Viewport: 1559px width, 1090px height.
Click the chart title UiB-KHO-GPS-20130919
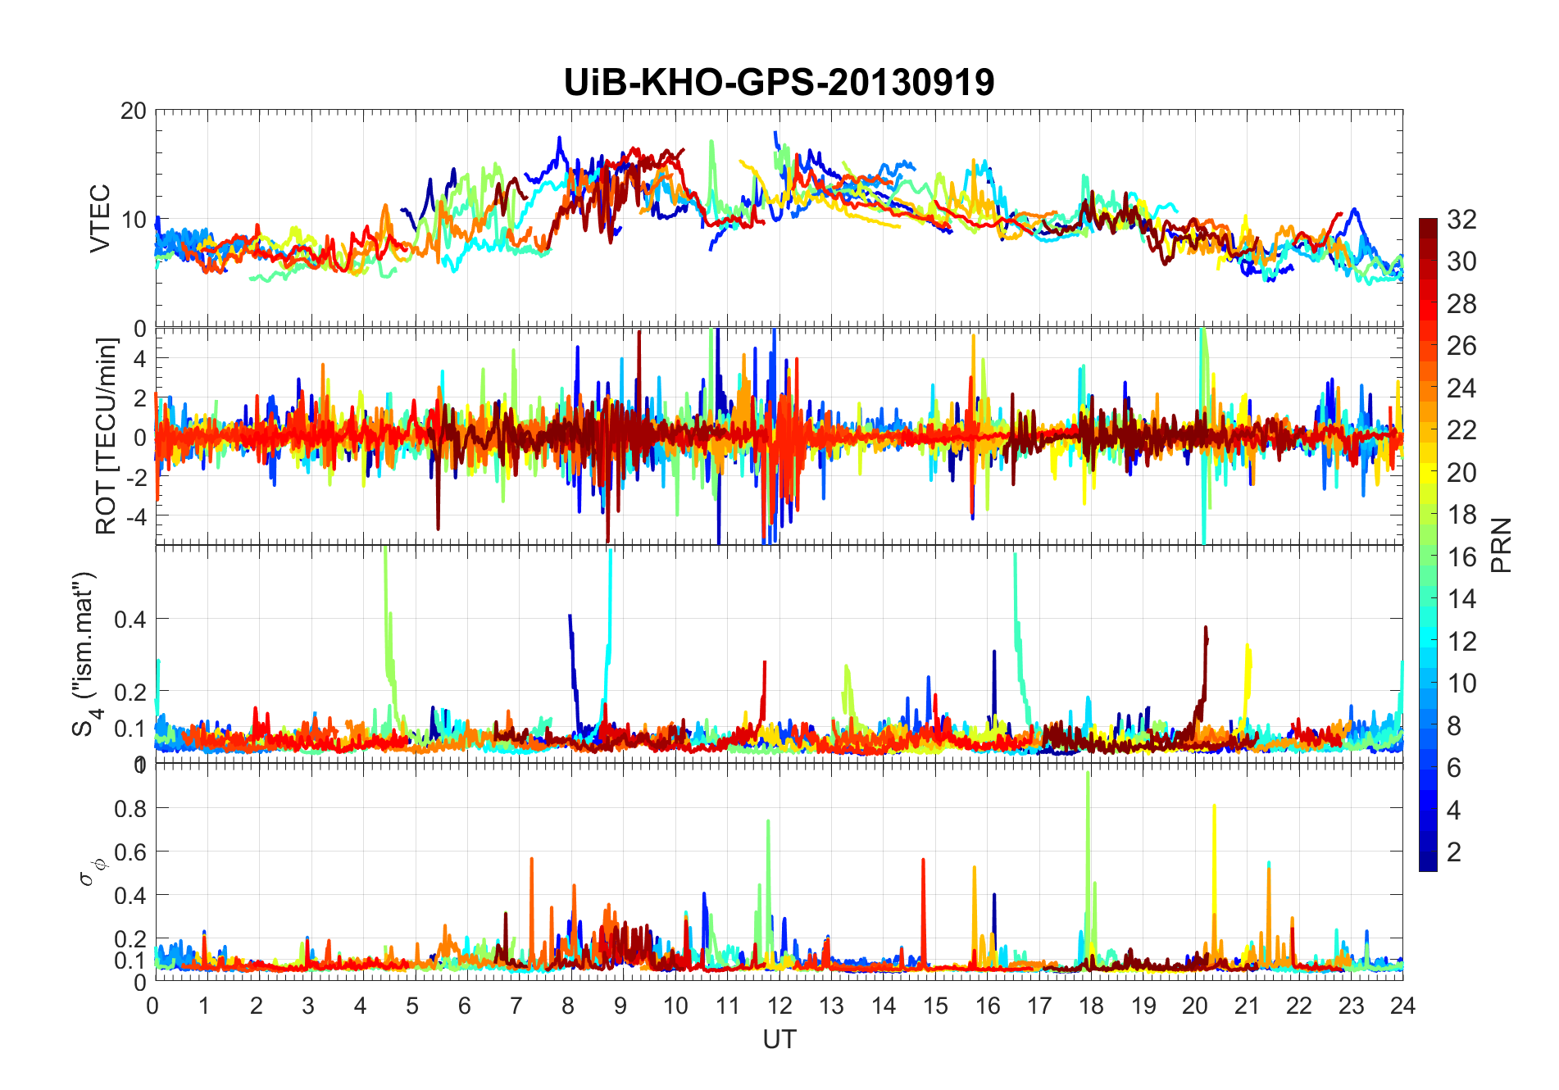pos(779,82)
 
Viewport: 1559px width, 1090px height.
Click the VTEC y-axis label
pos(100,219)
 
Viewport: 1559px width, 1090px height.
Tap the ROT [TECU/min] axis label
pos(107,436)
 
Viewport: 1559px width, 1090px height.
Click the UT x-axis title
pos(779,1039)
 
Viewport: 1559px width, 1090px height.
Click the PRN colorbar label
pos(1502,545)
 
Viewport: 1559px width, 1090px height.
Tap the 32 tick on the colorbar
pos(1461,219)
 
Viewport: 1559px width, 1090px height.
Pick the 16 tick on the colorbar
pos(1461,557)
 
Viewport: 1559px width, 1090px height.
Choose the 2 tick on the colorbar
pos(1454,852)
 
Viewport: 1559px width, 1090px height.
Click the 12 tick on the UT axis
pos(779,1006)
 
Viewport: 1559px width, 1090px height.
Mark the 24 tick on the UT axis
pos(1402,1006)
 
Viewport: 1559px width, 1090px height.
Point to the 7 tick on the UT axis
pos(516,1006)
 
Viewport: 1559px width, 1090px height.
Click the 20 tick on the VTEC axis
pos(133,111)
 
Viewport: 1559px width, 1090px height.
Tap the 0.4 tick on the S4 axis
pos(130,619)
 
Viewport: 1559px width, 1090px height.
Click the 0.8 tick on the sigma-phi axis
pos(130,808)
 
